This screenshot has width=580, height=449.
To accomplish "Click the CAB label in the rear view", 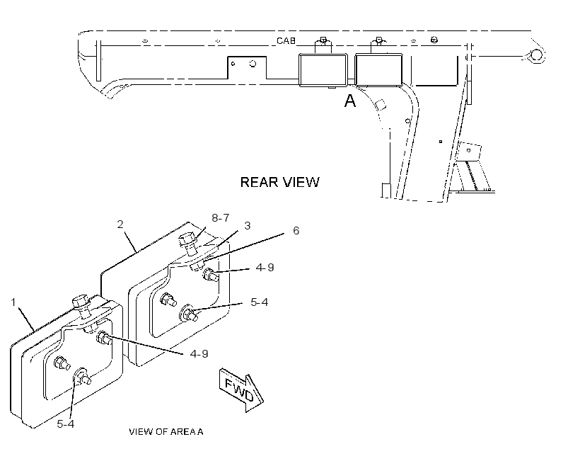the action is click(x=286, y=40).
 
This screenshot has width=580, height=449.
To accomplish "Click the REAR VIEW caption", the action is click(x=279, y=182).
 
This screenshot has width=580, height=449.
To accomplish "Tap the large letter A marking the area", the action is click(x=350, y=101).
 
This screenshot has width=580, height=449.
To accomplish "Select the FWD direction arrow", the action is click(x=241, y=390).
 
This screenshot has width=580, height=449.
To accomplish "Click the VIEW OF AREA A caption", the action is click(x=166, y=431).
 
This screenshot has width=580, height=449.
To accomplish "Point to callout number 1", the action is click(x=13, y=302).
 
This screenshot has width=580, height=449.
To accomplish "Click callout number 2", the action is click(x=120, y=224).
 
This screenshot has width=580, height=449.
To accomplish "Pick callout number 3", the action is click(x=247, y=226).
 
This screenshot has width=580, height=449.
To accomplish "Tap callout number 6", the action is click(x=296, y=230).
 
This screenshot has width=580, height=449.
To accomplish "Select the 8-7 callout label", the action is click(x=221, y=218).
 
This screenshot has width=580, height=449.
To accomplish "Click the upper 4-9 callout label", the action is click(x=265, y=268).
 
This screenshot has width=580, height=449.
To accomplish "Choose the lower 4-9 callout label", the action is click(x=199, y=354).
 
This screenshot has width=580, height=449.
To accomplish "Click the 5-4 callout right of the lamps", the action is click(x=260, y=302).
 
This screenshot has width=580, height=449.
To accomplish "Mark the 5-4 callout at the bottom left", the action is click(x=66, y=424).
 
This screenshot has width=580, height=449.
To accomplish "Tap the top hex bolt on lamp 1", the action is click(x=82, y=306).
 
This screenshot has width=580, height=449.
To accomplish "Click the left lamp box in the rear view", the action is click(x=323, y=70).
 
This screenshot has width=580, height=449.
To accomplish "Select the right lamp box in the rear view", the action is click(x=379, y=70).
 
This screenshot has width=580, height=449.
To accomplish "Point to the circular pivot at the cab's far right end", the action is click(x=536, y=55).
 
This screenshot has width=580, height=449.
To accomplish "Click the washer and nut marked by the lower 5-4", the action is click(x=82, y=376).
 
